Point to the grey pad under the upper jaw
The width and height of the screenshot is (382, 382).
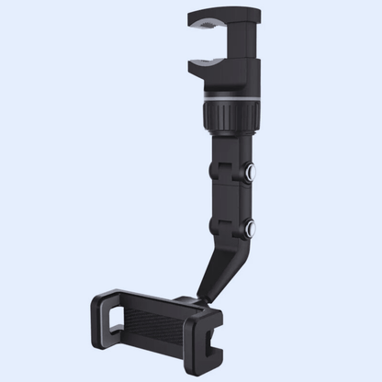pyautogui.click(x=212, y=28)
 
